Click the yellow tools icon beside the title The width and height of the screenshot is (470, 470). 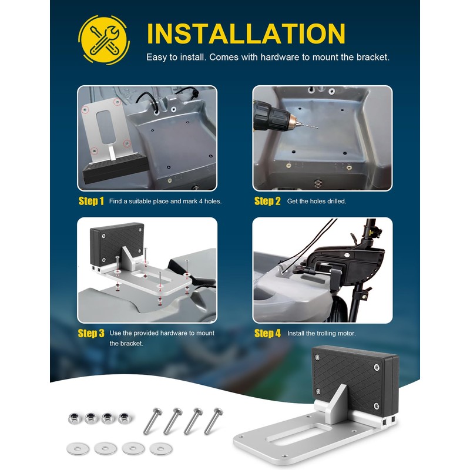[104, 40]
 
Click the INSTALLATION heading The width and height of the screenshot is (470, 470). [246, 33]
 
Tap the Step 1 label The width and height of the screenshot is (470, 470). [91, 201]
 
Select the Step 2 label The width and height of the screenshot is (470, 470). [267, 201]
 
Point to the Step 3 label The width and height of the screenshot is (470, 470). [91, 333]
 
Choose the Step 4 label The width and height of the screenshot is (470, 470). [268, 333]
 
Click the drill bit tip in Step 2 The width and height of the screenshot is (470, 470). [317, 127]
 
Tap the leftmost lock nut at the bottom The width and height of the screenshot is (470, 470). [74, 418]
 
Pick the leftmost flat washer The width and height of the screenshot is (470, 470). [78, 449]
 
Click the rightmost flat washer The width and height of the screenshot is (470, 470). [161, 449]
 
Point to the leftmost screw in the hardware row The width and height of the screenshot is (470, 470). [153, 421]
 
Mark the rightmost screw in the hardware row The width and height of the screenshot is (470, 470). [213, 421]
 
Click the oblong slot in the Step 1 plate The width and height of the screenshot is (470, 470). [106, 126]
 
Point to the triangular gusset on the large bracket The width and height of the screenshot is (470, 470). [336, 403]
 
